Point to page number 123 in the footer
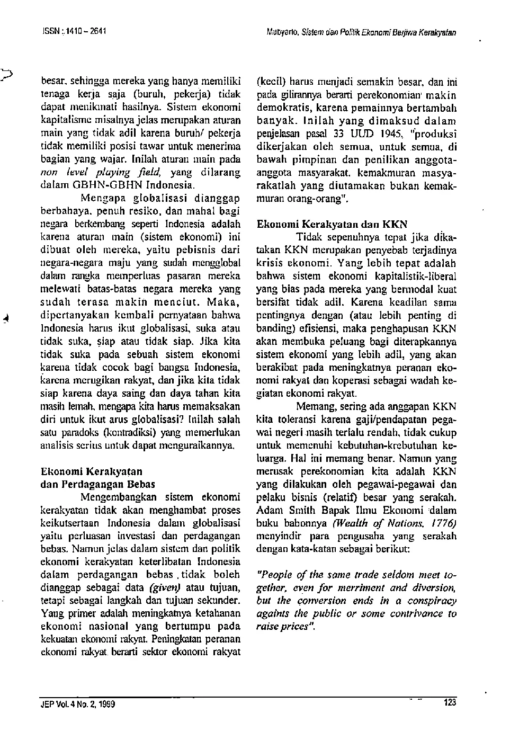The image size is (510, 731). coord(450,703)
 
